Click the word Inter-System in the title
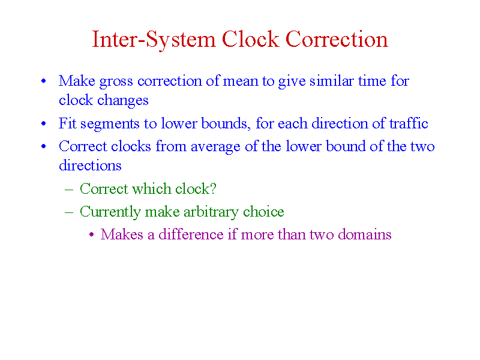point(154,40)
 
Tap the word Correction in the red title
point(337,39)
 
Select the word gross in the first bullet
point(116,82)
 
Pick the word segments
point(110,124)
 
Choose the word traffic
point(409,123)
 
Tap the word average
point(215,147)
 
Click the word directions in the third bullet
point(91,166)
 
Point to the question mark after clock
point(213,188)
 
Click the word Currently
point(110,212)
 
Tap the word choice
point(263,211)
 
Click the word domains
point(365,234)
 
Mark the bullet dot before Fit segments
point(43,124)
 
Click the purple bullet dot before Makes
point(92,235)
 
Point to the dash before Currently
point(69,212)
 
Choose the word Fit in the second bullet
point(67,123)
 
